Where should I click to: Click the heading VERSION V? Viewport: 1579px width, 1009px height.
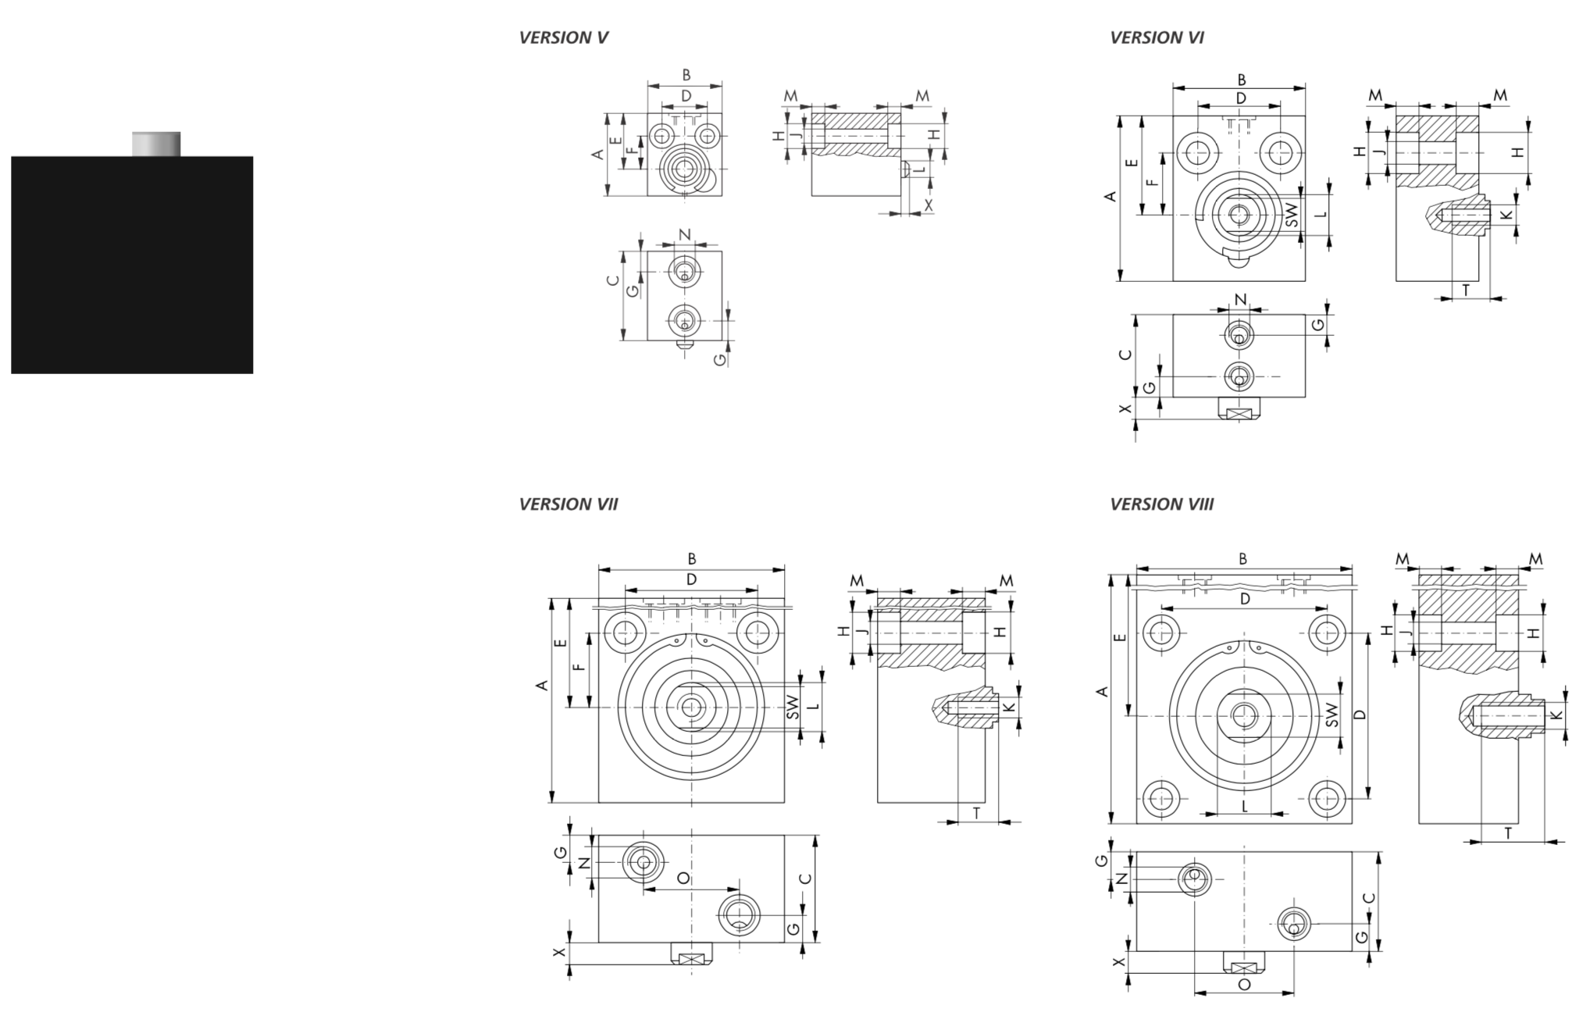563,37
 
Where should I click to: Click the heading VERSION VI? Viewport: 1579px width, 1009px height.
1157,37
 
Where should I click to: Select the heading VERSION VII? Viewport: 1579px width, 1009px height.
568,504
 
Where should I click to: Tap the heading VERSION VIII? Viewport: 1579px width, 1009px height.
1161,504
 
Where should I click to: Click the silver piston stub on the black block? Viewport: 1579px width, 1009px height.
156,144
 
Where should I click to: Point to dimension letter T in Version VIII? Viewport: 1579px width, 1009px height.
1507,833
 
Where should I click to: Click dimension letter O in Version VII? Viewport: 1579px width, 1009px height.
683,879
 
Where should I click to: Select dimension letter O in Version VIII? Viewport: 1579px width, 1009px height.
1244,985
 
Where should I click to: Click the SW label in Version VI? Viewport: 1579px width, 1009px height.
1292,216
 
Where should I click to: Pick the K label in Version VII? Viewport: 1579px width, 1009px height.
1008,708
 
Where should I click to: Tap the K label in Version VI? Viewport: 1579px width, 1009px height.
1506,216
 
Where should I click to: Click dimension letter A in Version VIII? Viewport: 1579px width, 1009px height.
1102,692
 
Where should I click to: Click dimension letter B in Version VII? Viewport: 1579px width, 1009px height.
692,559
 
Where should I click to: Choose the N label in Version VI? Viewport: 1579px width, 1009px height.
1240,299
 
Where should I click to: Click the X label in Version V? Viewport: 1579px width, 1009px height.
928,205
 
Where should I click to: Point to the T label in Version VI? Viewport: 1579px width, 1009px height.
1466,290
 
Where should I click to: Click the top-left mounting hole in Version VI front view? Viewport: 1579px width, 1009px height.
1198,152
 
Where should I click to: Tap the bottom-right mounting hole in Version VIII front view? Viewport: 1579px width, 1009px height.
1325,798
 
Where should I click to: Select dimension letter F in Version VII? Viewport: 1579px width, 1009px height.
579,668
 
